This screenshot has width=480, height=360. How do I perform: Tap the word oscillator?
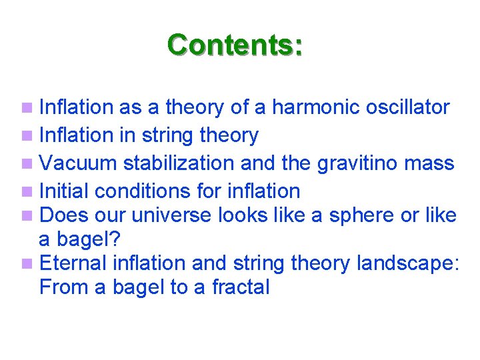[408, 107]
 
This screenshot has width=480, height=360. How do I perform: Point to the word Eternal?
[73, 263]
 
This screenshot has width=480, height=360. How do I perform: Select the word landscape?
[408, 264]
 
